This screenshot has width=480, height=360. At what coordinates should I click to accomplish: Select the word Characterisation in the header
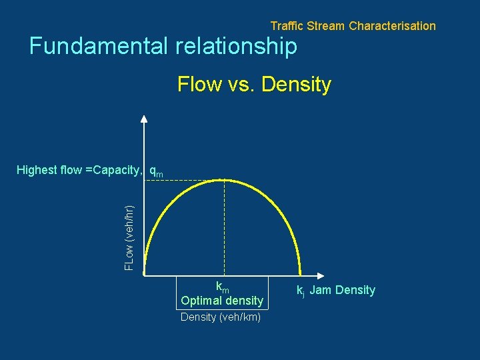[392, 26]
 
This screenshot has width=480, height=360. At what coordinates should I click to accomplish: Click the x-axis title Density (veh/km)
[221, 317]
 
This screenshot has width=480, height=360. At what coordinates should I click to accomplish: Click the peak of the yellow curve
[224, 179]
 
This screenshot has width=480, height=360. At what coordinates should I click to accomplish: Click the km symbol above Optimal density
[222, 287]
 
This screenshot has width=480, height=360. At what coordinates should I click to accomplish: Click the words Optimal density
[222, 301]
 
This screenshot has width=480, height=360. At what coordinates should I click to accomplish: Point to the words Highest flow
[49, 170]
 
